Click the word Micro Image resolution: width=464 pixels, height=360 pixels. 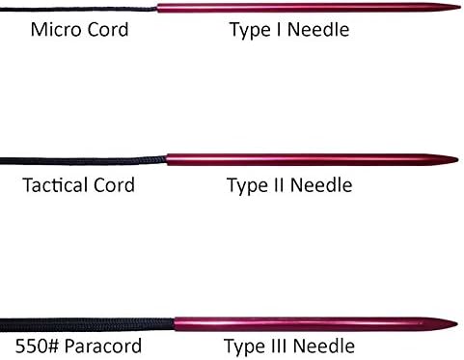tap(55, 30)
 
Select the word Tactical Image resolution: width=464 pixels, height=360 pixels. tap(55, 185)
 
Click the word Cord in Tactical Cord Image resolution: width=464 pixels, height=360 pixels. tap(114, 185)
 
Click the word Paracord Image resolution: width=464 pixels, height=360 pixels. tap(103, 346)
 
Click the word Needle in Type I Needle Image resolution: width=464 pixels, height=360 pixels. tap(318, 30)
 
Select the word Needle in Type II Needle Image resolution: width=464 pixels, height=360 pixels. tap(321, 185)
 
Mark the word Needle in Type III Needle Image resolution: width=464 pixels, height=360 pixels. tap(324, 346)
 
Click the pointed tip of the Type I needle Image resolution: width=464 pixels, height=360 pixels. tap(460, 8)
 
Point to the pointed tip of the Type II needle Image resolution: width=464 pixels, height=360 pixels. tap(457, 159)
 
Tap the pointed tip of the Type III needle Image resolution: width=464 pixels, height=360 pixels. tap(456, 323)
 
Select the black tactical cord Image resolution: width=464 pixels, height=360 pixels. tap(83, 160)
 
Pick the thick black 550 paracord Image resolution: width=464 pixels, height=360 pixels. tap(87, 324)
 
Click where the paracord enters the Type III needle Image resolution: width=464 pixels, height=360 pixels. tap(175, 324)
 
